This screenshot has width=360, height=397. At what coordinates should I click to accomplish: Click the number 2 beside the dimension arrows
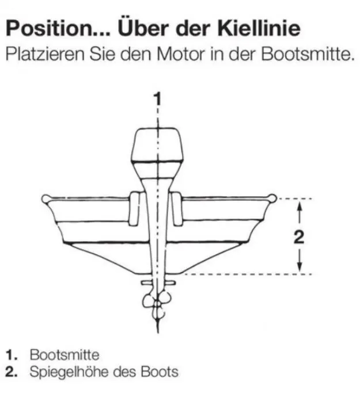(299, 237)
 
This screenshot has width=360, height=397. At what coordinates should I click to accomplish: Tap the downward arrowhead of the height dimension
(299, 265)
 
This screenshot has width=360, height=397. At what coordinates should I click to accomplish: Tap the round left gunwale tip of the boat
(46, 199)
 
